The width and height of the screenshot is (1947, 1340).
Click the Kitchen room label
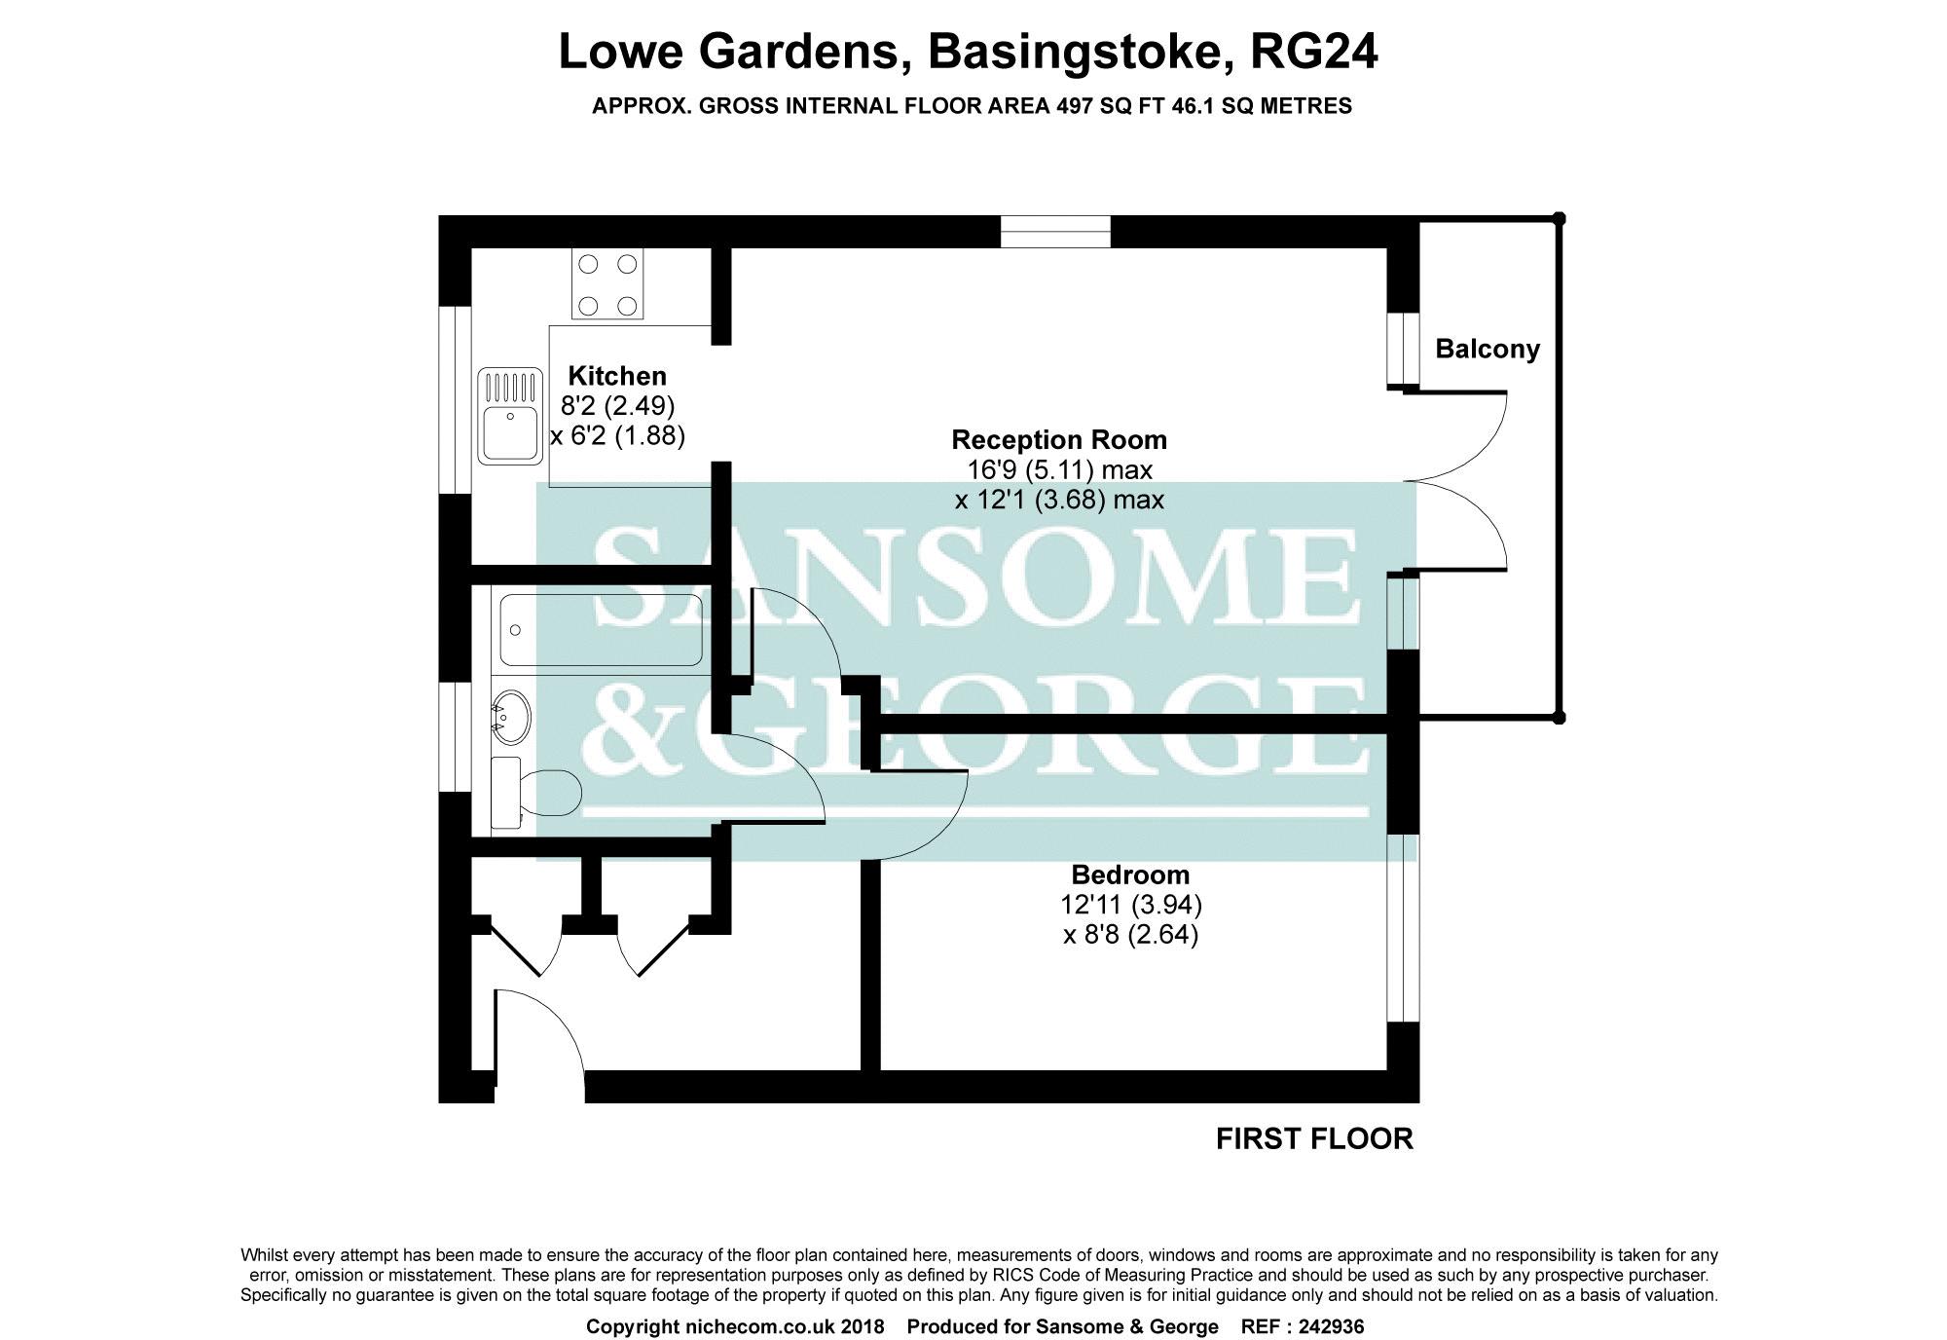click(x=617, y=376)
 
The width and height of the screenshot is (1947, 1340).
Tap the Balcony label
click(x=1488, y=349)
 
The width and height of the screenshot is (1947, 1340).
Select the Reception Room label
click(x=1058, y=440)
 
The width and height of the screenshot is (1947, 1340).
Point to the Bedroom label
click(x=1130, y=875)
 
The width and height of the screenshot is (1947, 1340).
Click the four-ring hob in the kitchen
click(x=607, y=284)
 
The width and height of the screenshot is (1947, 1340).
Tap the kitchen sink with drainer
click(x=508, y=415)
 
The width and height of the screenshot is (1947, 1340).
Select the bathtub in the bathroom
click(x=600, y=630)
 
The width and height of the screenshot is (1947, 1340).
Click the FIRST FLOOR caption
click(x=1314, y=1138)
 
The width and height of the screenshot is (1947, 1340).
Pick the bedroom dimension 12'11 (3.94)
click(x=1130, y=905)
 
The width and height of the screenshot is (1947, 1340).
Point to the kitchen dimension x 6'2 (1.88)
click(x=617, y=435)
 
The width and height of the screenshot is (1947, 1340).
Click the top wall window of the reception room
click(x=1055, y=232)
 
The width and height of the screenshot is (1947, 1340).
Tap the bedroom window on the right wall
click(x=1403, y=927)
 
